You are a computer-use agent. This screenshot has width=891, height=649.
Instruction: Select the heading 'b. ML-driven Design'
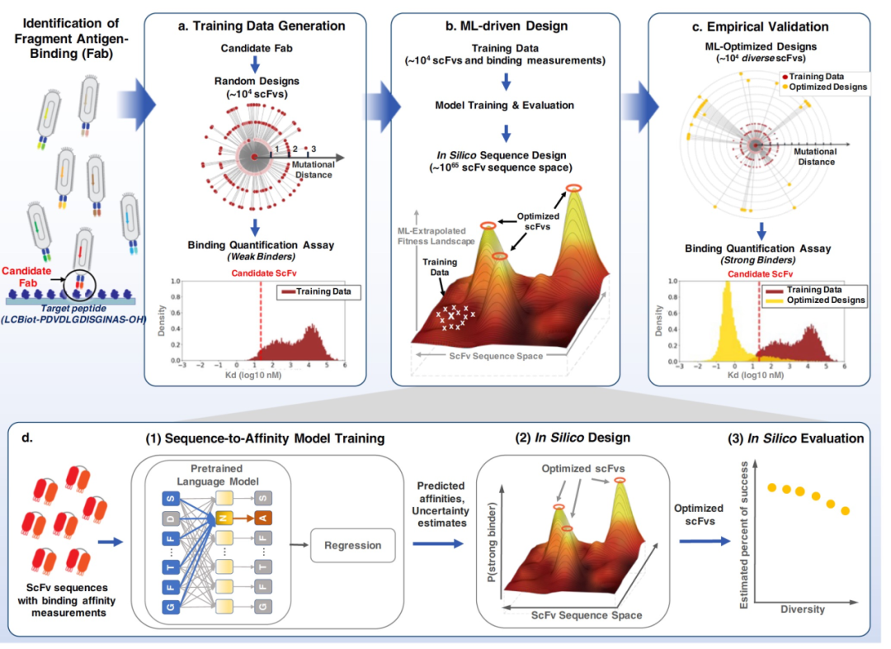[507, 26]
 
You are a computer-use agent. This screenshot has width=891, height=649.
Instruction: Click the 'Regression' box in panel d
[351, 546]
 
